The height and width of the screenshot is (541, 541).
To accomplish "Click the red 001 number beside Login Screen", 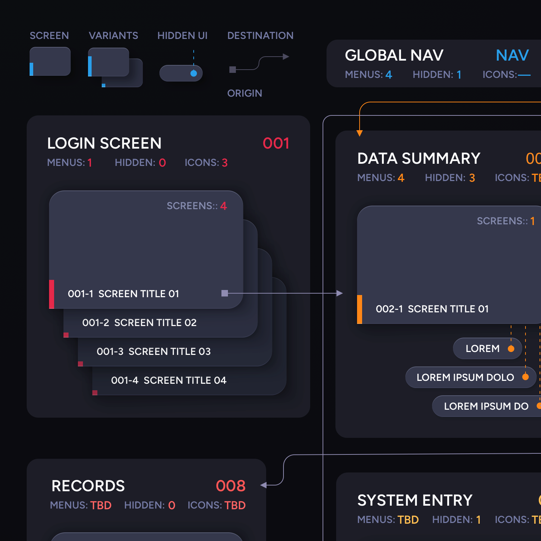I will point(276,144).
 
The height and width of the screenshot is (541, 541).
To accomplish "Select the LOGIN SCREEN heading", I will point(104,144).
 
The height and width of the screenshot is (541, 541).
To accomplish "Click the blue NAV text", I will point(512,56).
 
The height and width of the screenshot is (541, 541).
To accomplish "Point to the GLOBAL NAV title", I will point(394,56).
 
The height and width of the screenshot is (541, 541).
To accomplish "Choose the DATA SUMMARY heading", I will point(419,159).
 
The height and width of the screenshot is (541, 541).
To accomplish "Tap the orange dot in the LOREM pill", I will point(511,348).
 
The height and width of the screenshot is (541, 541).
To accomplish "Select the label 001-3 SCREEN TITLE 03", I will point(154,352).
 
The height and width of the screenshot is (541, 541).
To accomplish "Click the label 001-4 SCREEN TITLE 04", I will point(169,381).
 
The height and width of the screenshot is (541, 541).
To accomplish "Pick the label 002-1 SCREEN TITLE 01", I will point(432,309).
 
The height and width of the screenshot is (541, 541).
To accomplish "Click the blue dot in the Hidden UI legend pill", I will point(194,74).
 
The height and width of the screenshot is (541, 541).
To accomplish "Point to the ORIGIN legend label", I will point(245,93).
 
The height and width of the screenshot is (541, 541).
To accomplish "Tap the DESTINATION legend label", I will point(260,36).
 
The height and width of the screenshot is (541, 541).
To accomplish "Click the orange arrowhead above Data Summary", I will point(360,133).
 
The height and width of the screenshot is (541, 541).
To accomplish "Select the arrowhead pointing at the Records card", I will point(264,485).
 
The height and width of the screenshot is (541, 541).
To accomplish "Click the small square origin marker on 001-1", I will point(225,293).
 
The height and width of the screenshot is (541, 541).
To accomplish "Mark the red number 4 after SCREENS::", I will point(224,206).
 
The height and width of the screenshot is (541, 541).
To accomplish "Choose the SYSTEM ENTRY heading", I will point(415,501).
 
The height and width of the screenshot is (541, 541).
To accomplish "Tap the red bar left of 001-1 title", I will point(52,294).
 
